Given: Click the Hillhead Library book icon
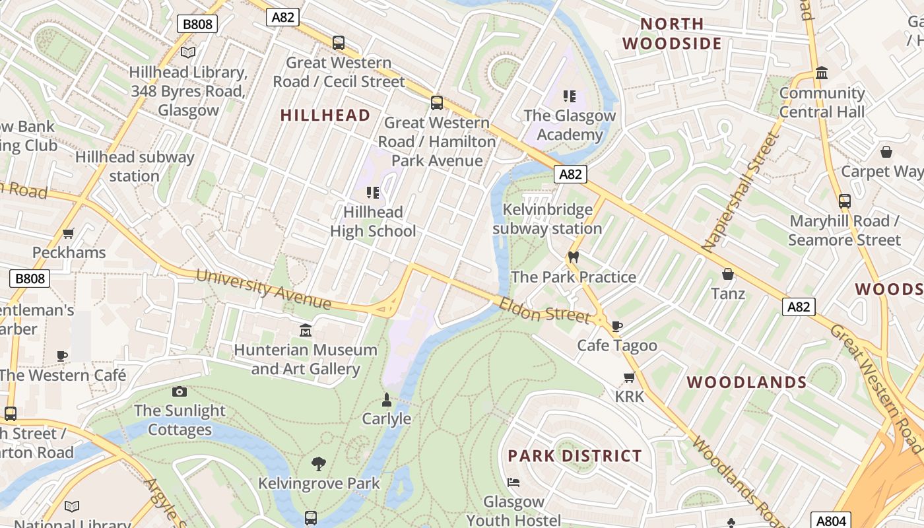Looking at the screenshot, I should click(x=188, y=52).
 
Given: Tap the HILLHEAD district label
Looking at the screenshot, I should click(x=325, y=115).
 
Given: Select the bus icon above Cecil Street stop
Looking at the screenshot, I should click(x=339, y=43).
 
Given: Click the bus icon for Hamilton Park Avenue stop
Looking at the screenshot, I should click(x=436, y=102).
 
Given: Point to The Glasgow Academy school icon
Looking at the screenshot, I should click(x=570, y=96).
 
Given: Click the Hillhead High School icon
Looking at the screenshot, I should click(x=373, y=193).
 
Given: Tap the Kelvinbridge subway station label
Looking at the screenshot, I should click(x=547, y=220).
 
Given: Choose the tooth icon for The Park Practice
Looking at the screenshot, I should click(x=573, y=257).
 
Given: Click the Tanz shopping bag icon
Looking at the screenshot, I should click(x=728, y=274).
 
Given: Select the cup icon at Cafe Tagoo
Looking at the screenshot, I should click(x=617, y=325).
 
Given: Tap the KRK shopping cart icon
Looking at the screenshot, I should click(x=629, y=378).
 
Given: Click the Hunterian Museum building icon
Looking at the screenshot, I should click(x=306, y=330).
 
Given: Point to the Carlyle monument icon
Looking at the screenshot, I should click(x=387, y=399).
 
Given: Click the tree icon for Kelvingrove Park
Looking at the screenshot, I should click(x=319, y=463).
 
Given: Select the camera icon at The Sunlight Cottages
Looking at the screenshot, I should click(x=179, y=391).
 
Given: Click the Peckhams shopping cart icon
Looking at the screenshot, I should click(x=69, y=233).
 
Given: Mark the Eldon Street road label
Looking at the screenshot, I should click(x=544, y=310).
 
